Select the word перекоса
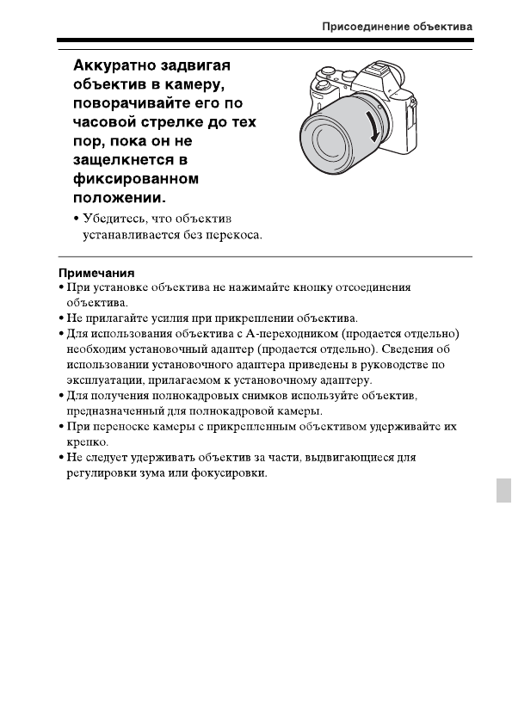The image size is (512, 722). point(233,234)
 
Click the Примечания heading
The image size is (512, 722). point(89,273)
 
